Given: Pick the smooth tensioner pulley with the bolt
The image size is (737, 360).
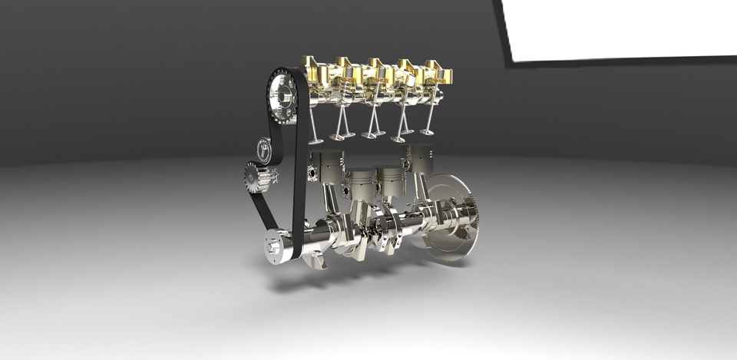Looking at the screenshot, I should click(x=263, y=147).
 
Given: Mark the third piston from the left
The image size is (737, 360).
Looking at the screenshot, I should click(x=389, y=180).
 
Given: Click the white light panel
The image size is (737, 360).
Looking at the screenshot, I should click(x=622, y=29).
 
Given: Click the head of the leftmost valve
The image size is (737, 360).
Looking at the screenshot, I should click(x=314, y=140).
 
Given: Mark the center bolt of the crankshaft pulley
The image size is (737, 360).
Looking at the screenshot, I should click(x=271, y=248).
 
